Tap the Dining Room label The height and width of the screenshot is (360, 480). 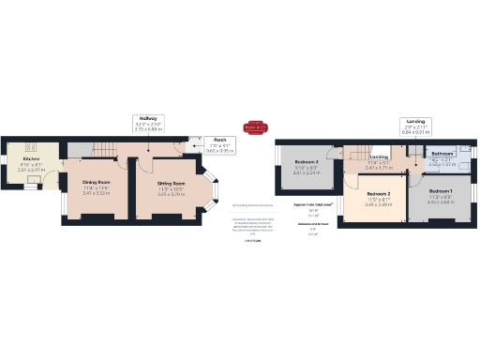pyautogui.click(x=96, y=182)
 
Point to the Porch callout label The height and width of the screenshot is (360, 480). pyautogui.click(x=220, y=140)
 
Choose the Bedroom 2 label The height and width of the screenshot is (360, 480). pyautogui.click(x=378, y=194)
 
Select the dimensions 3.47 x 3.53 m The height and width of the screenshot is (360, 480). pyautogui.click(x=96, y=193)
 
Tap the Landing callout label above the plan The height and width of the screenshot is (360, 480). pyautogui.click(x=416, y=120)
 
